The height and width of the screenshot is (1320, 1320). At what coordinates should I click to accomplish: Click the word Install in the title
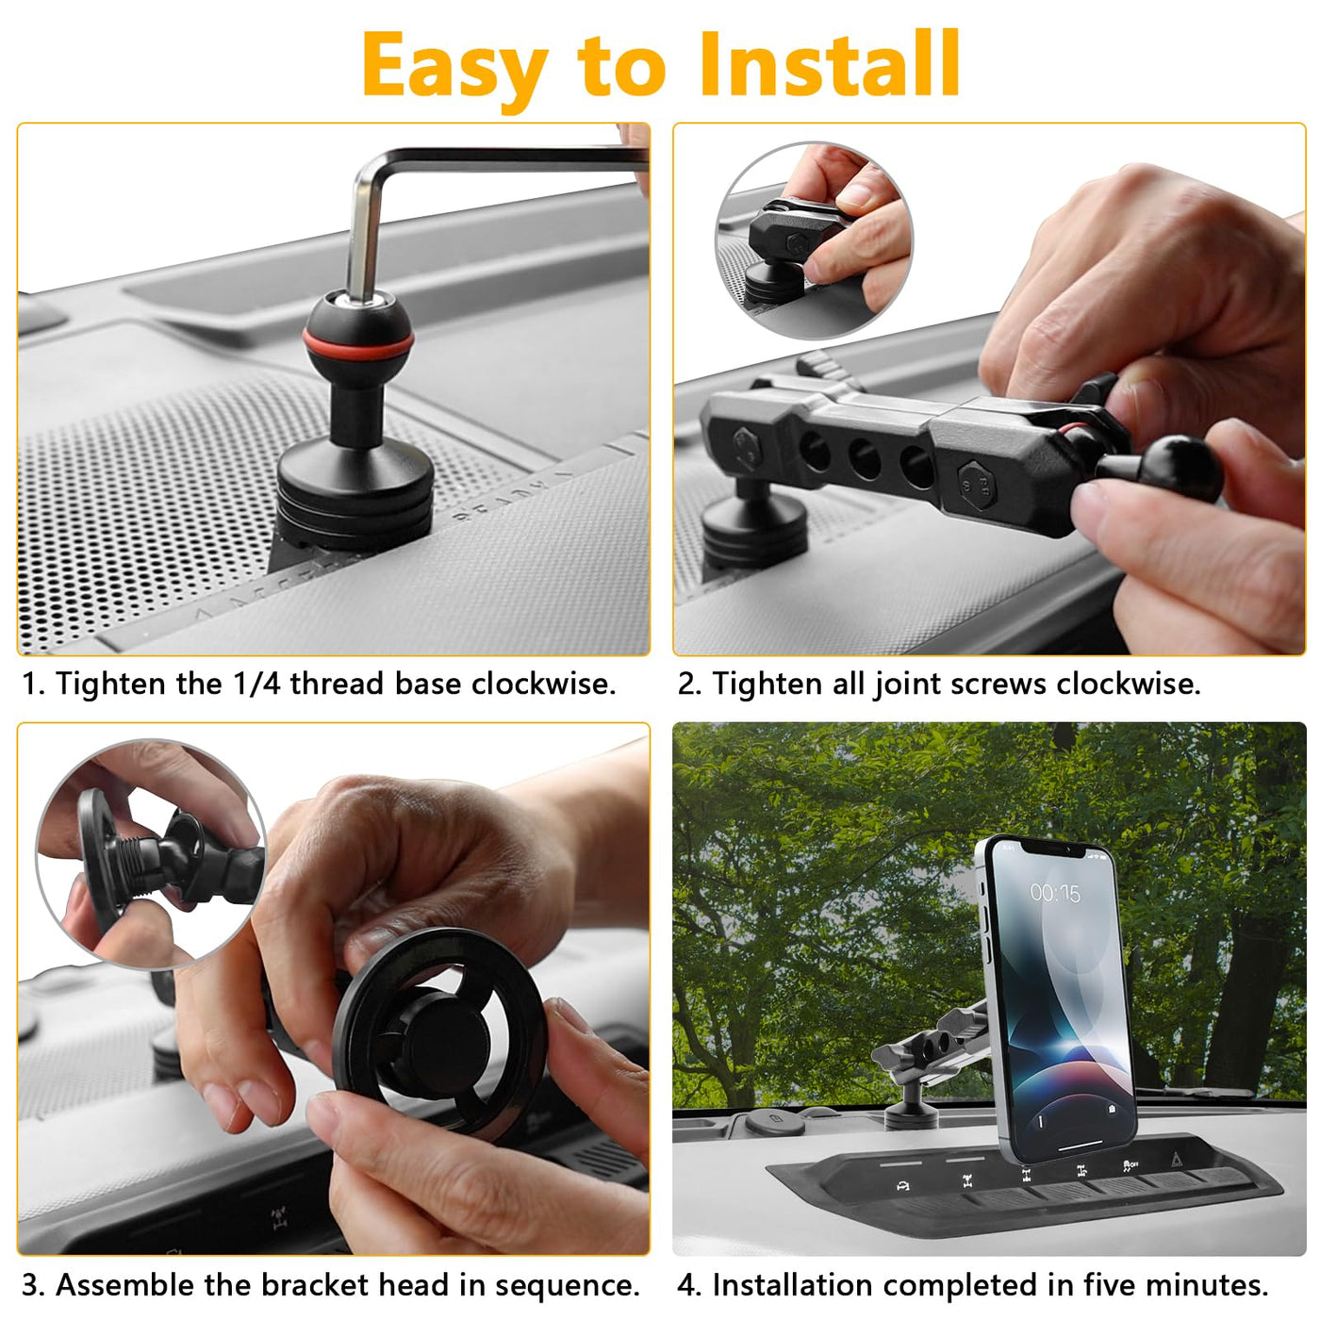click(830, 63)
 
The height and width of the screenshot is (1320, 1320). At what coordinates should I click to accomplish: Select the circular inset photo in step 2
click(814, 240)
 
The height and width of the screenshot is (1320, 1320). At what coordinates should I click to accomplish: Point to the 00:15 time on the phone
click(1055, 893)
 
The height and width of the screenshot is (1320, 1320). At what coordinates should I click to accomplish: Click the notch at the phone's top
click(1053, 850)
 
